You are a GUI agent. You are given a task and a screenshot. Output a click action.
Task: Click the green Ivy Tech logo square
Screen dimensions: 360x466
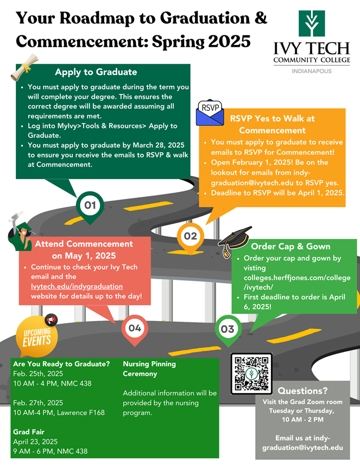coord(312,23)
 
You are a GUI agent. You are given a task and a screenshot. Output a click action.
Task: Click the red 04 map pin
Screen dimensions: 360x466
coord(135,330)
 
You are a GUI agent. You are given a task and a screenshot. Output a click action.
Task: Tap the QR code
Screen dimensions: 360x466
coord(251,374)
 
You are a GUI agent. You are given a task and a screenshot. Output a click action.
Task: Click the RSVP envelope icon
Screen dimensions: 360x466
coord(210,112)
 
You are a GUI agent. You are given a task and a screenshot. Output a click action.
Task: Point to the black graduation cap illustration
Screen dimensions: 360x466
coord(235,241)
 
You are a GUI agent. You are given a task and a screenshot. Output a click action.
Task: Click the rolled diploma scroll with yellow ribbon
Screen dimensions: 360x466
coord(24,67)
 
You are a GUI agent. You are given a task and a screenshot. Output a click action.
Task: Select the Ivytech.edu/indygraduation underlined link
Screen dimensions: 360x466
coord(77,286)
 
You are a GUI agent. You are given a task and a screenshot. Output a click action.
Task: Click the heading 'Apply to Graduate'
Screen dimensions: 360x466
coord(96,72)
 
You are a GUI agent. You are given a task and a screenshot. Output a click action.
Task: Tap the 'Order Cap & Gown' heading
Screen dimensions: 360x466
coord(290,247)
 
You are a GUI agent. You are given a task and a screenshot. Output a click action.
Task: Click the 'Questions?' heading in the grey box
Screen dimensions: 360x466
coord(302,391)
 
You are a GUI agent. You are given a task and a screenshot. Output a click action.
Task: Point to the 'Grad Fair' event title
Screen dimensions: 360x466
coord(29,432)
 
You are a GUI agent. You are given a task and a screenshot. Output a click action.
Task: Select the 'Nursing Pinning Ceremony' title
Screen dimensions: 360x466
coord(149,369)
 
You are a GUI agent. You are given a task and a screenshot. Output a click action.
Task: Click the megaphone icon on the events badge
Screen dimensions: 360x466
coord(51,320)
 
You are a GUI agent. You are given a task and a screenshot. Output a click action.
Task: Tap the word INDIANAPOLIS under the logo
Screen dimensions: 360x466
coord(312,71)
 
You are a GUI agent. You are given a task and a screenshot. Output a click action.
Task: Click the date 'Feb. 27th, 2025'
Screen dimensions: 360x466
coord(38,402)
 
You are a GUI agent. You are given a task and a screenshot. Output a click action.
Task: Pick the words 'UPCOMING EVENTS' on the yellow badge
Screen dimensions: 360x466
coord(37,337)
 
